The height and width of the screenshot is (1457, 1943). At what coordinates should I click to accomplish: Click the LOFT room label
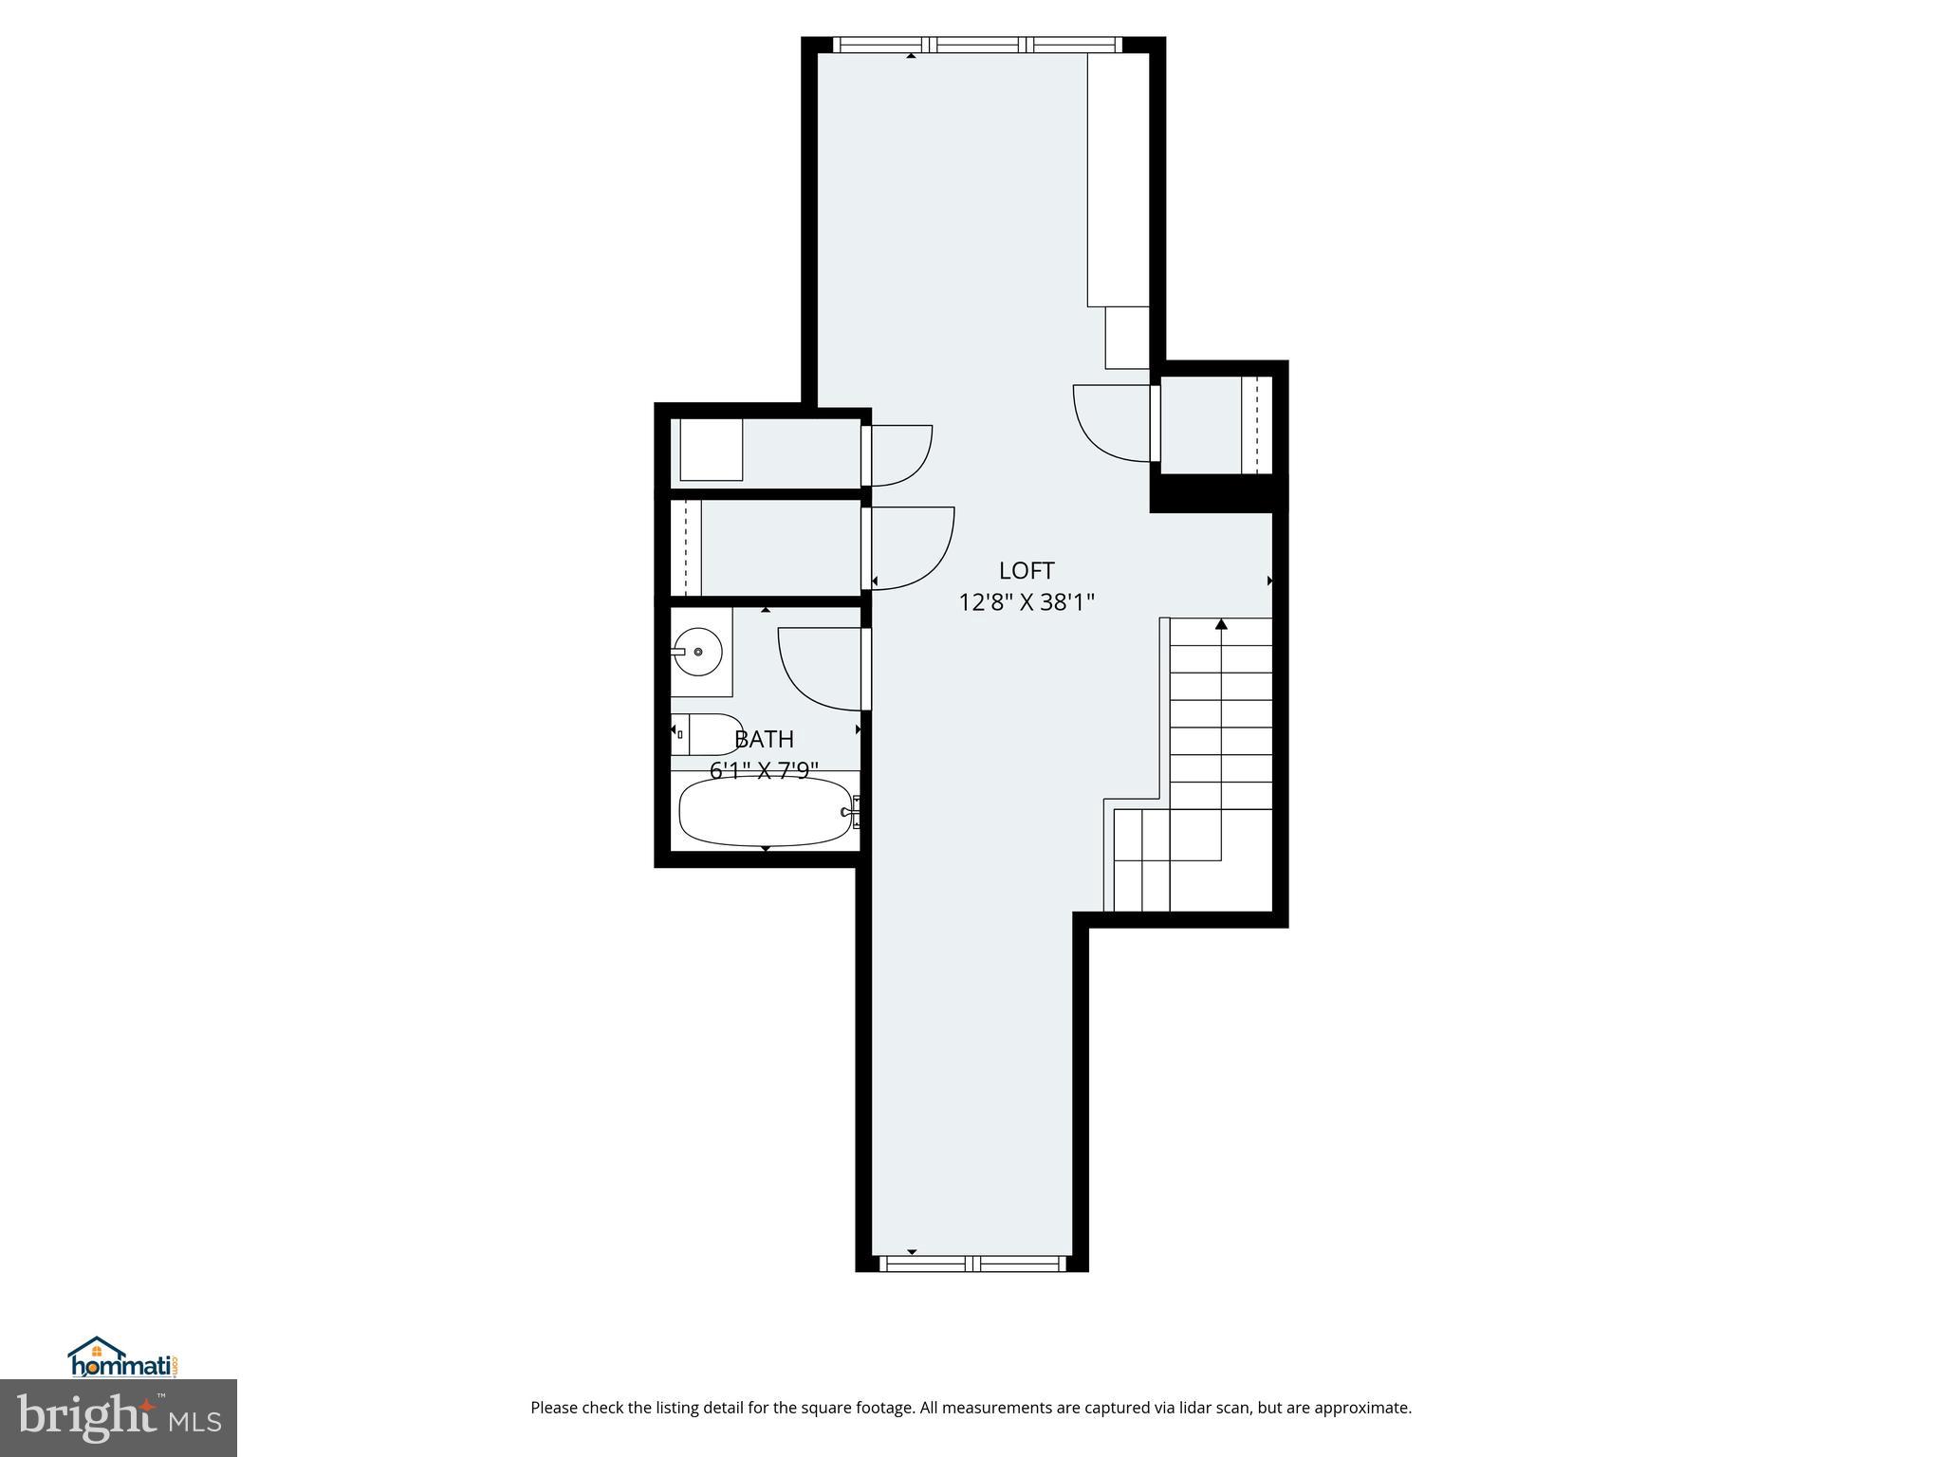coord(1026,570)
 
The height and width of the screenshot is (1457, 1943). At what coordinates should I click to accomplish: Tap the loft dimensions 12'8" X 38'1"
coord(1026,602)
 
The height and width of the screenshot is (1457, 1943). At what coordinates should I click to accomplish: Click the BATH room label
coord(764,739)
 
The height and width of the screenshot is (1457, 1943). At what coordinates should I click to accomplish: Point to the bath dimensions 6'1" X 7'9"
coord(764,770)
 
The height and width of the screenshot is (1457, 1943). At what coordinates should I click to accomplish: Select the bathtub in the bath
coord(765,812)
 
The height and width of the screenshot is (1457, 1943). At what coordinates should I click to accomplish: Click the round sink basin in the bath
coord(698,652)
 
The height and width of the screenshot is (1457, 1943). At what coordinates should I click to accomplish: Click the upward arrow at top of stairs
coord(1221,624)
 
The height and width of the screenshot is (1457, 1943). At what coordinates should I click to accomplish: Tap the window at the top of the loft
coord(977,44)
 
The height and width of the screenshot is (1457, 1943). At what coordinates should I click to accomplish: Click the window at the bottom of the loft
coord(971,1263)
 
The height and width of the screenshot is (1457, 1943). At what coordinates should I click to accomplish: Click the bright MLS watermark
coord(119,1418)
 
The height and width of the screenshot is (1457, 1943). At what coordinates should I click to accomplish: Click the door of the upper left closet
coord(899,455)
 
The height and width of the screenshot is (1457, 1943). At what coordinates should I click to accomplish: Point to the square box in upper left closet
coord(712,450)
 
